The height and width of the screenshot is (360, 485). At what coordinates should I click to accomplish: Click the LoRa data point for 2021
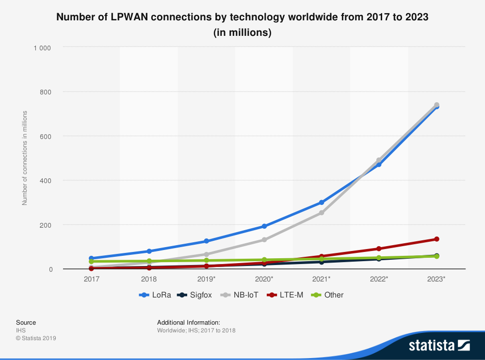(322, 203)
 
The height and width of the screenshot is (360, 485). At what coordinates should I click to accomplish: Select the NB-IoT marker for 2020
(264, 240)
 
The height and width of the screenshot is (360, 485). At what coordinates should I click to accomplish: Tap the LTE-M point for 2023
(436, 239)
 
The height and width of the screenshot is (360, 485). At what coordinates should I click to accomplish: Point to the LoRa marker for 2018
(149, 251)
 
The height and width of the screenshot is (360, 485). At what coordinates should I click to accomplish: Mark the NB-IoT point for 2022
(379, 160)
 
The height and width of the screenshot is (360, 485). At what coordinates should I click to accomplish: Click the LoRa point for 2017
(92, 258)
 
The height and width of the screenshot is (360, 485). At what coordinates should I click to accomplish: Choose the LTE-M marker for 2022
(379, 249)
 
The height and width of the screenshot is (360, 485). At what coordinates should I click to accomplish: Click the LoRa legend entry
(155, 295)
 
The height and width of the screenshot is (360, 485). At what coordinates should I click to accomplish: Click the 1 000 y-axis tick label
(42, 47)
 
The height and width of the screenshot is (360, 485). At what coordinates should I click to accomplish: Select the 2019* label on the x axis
(207, 279)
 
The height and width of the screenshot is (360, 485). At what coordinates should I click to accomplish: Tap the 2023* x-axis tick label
(436, 279)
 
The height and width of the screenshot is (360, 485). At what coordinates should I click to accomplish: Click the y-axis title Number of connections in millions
(24, 157)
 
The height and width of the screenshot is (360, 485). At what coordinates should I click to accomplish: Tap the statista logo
(439, 345)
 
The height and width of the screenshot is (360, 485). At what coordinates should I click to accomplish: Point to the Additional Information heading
(189, 322)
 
